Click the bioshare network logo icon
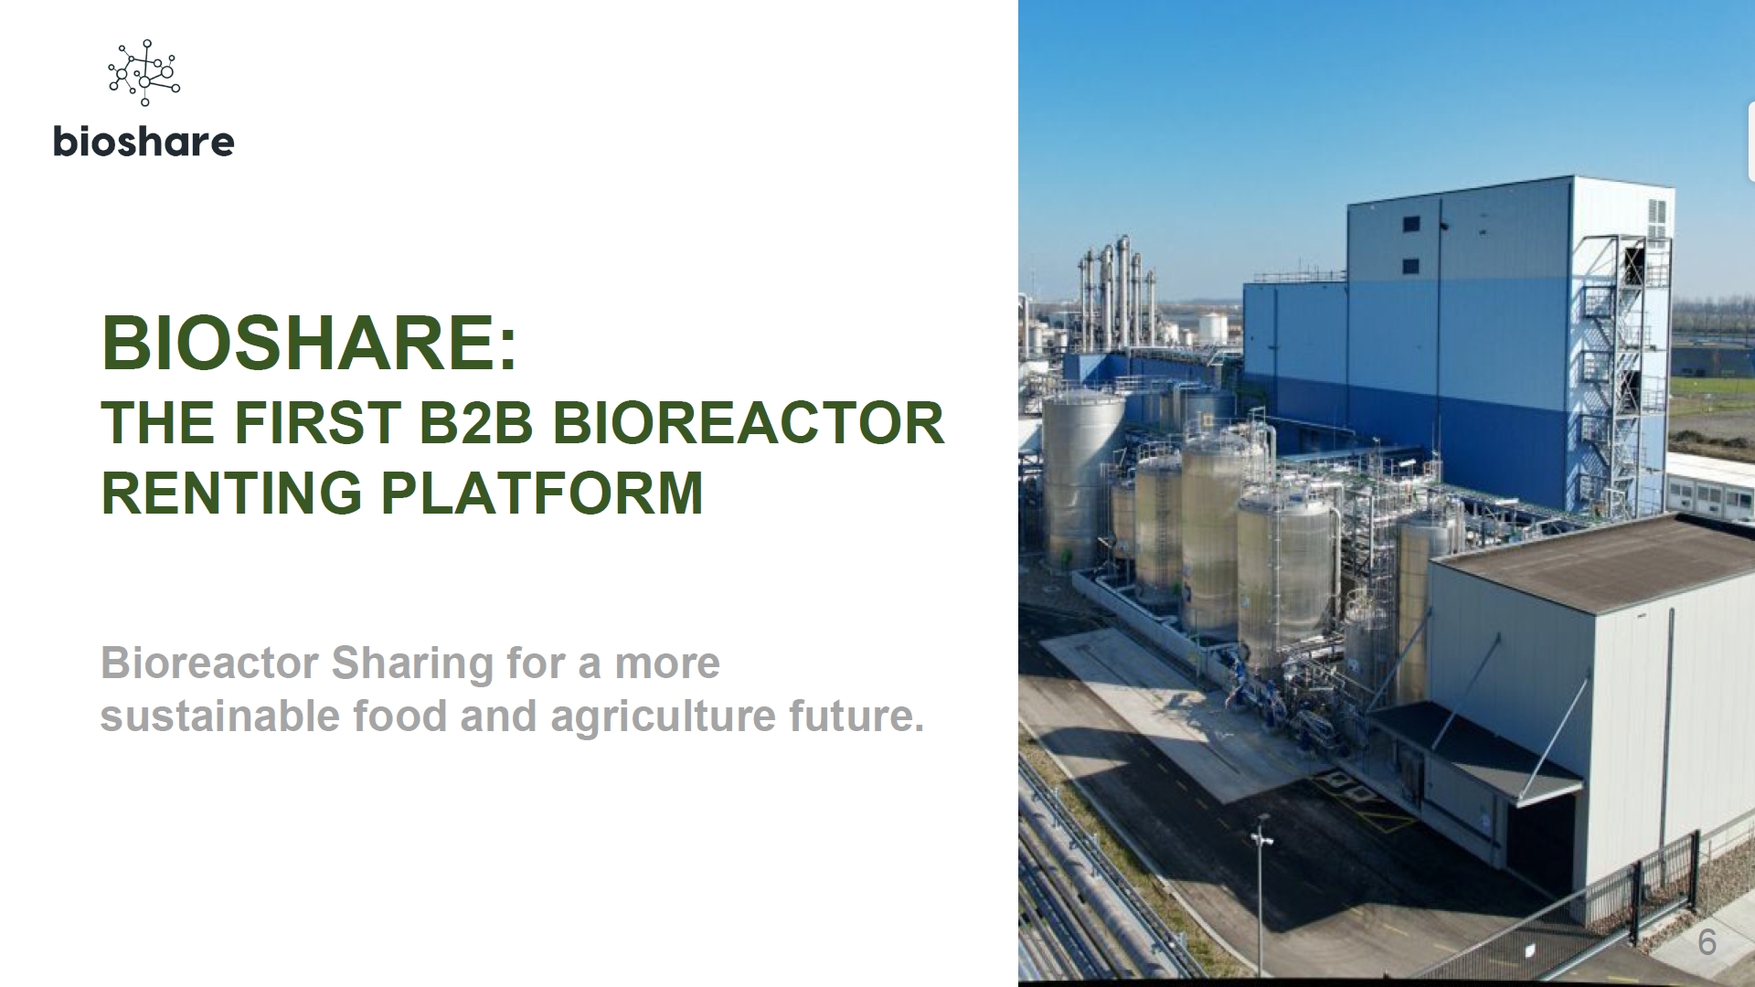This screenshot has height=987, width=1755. [x=144, y=72]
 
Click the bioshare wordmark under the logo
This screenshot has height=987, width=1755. [x=144, y=142]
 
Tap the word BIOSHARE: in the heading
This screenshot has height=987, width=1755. [x=309, y=343]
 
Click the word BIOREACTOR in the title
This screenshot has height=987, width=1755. [x=749, y=422]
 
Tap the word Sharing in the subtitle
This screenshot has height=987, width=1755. [x=412, y=664]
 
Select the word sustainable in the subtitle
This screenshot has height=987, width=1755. [x=220, y=716]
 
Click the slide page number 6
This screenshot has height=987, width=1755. [x=1707, y=942]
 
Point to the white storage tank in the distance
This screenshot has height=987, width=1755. [x=1212, y=327]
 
